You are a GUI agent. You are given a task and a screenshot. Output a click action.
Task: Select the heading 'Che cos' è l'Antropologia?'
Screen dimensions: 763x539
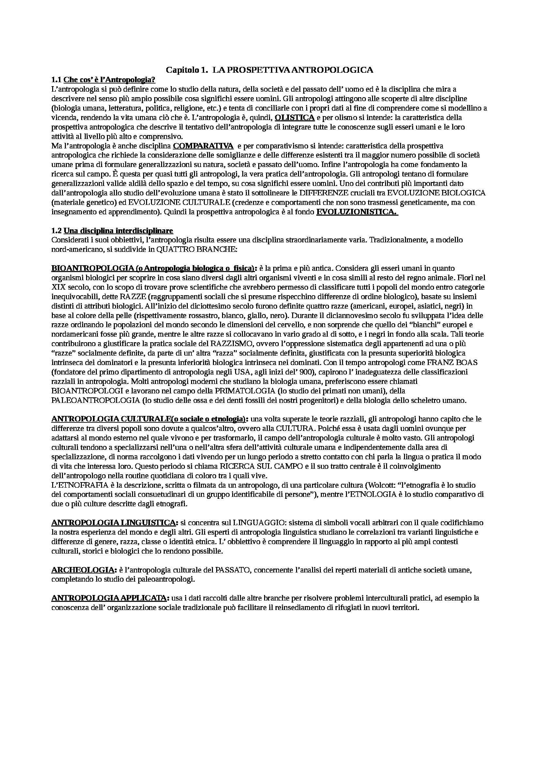(110, 80)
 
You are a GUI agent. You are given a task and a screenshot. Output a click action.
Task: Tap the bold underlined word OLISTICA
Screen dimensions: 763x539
(295, 117)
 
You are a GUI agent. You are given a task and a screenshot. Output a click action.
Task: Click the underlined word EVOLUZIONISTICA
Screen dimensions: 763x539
(357, 212)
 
